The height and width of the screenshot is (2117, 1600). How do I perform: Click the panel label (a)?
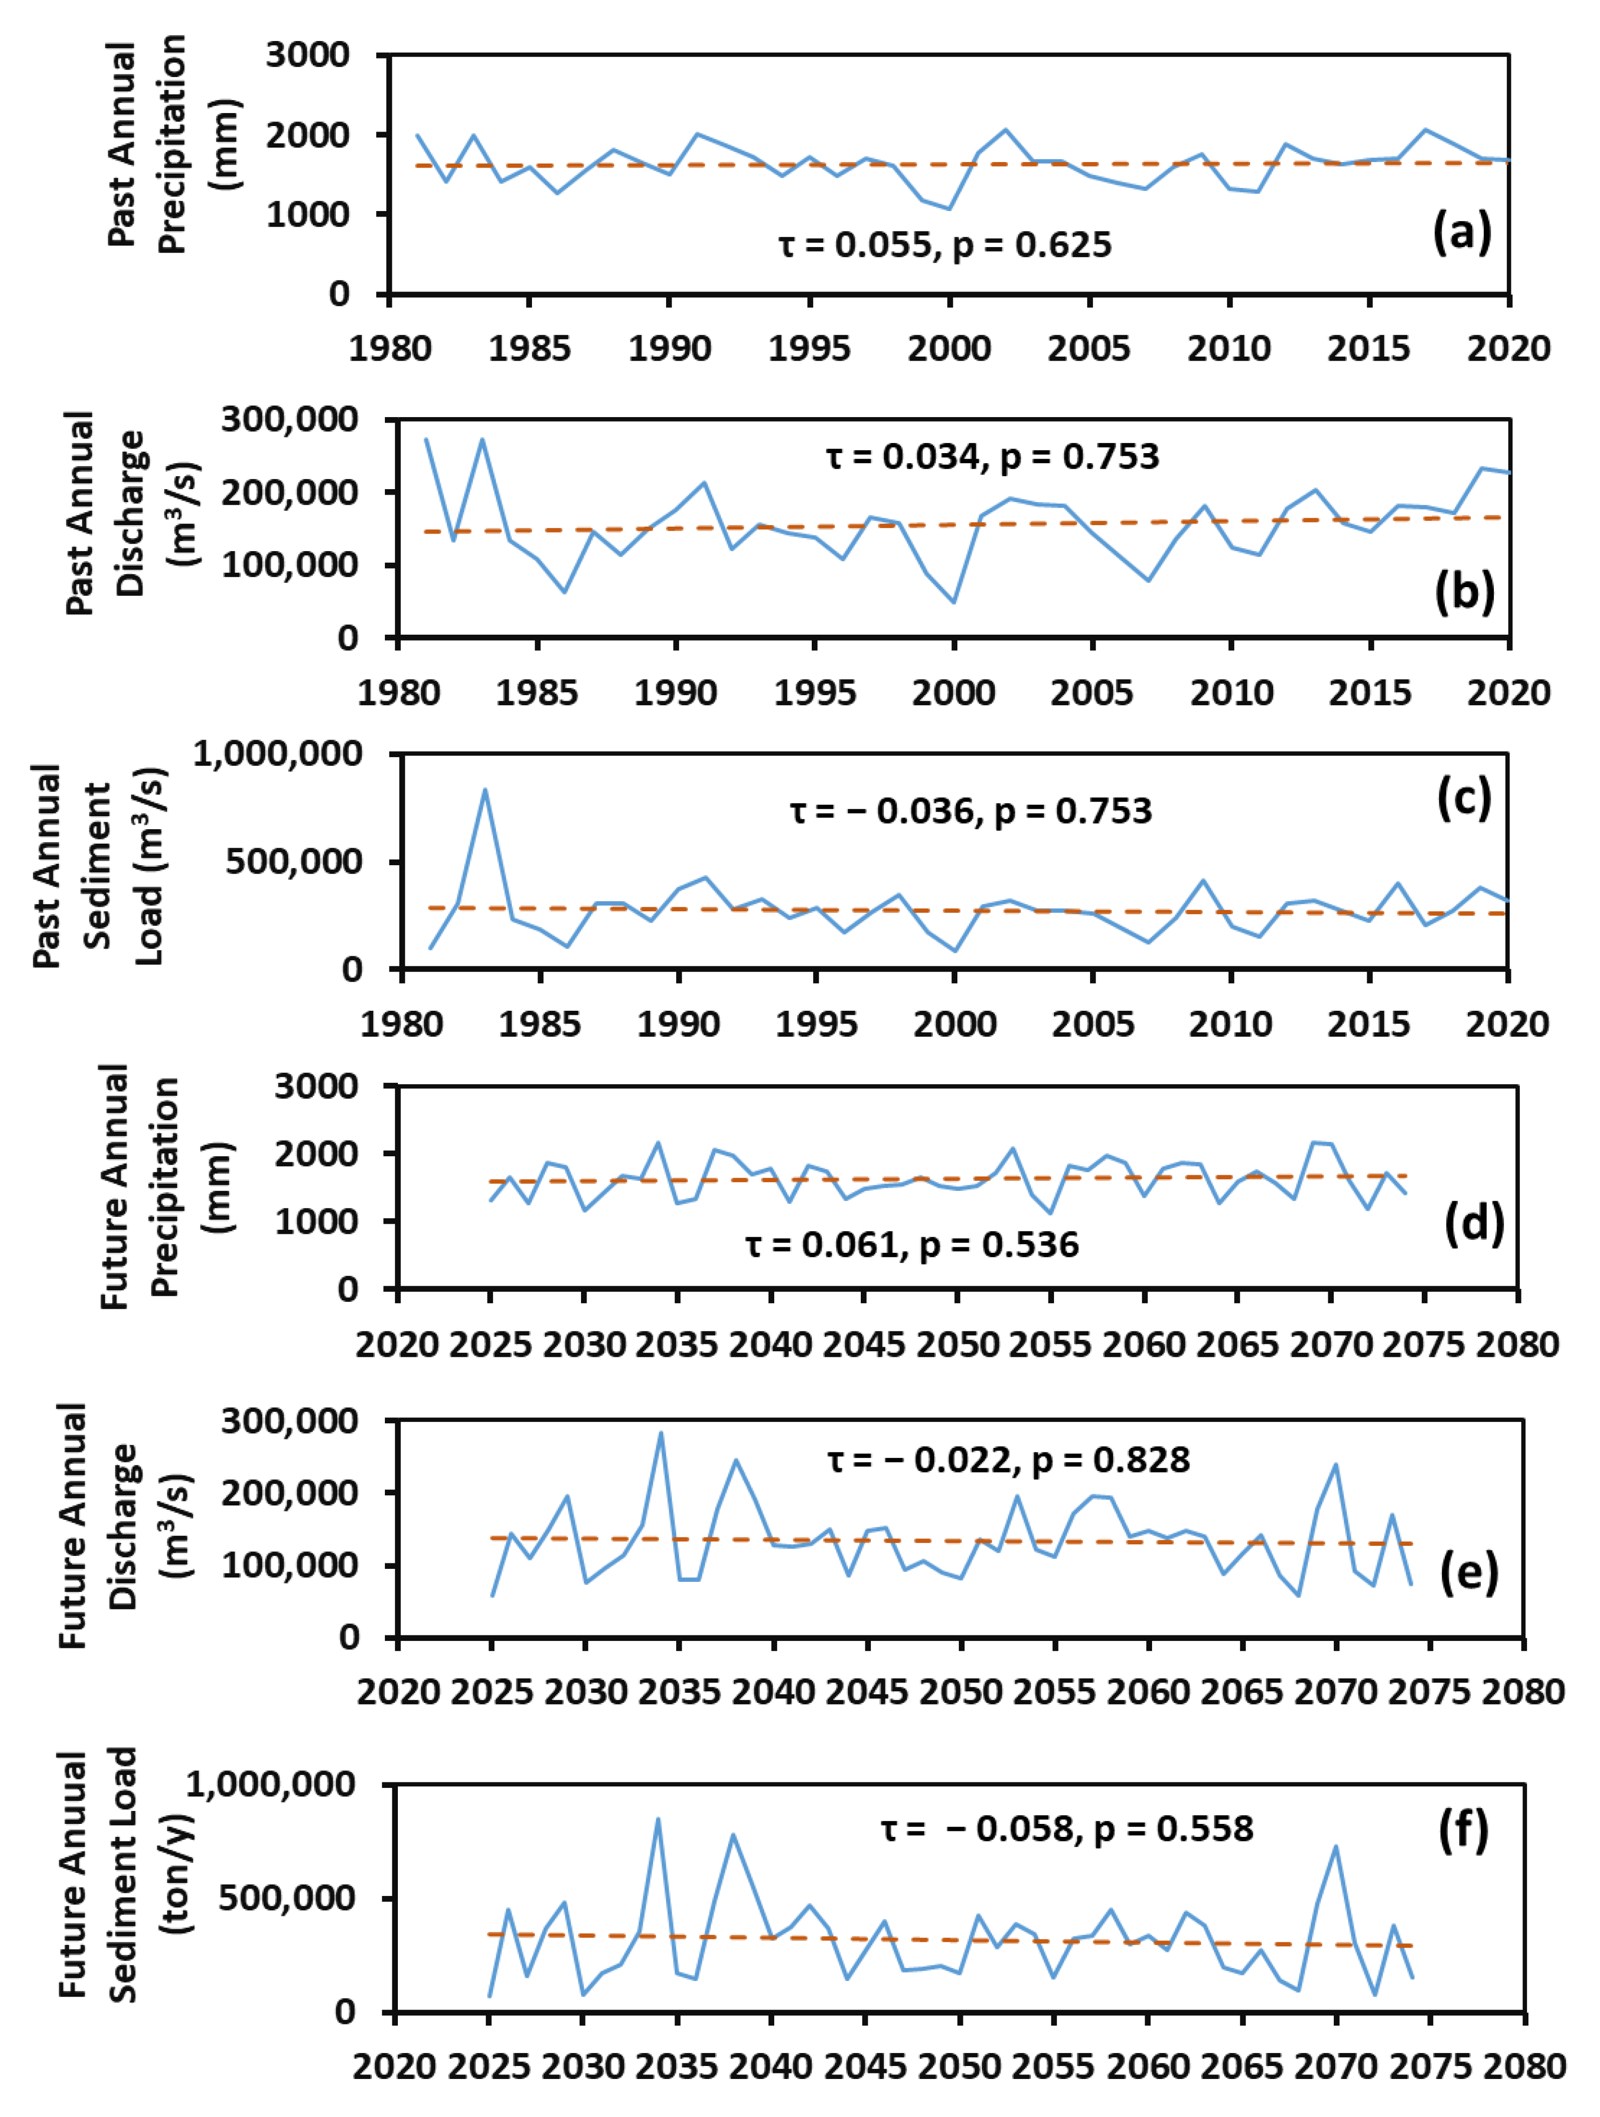click(1461, 233)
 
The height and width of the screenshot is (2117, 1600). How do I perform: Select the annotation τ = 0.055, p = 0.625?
click(945, 245)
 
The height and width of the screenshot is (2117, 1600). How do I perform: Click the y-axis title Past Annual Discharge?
click(105, 514)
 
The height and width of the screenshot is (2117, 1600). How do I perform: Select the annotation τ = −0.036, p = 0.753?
click(971, 812)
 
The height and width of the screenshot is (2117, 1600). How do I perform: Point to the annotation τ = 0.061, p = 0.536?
click(911, 1245)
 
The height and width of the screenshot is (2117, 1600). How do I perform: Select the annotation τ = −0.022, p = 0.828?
click(1008, 1459)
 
